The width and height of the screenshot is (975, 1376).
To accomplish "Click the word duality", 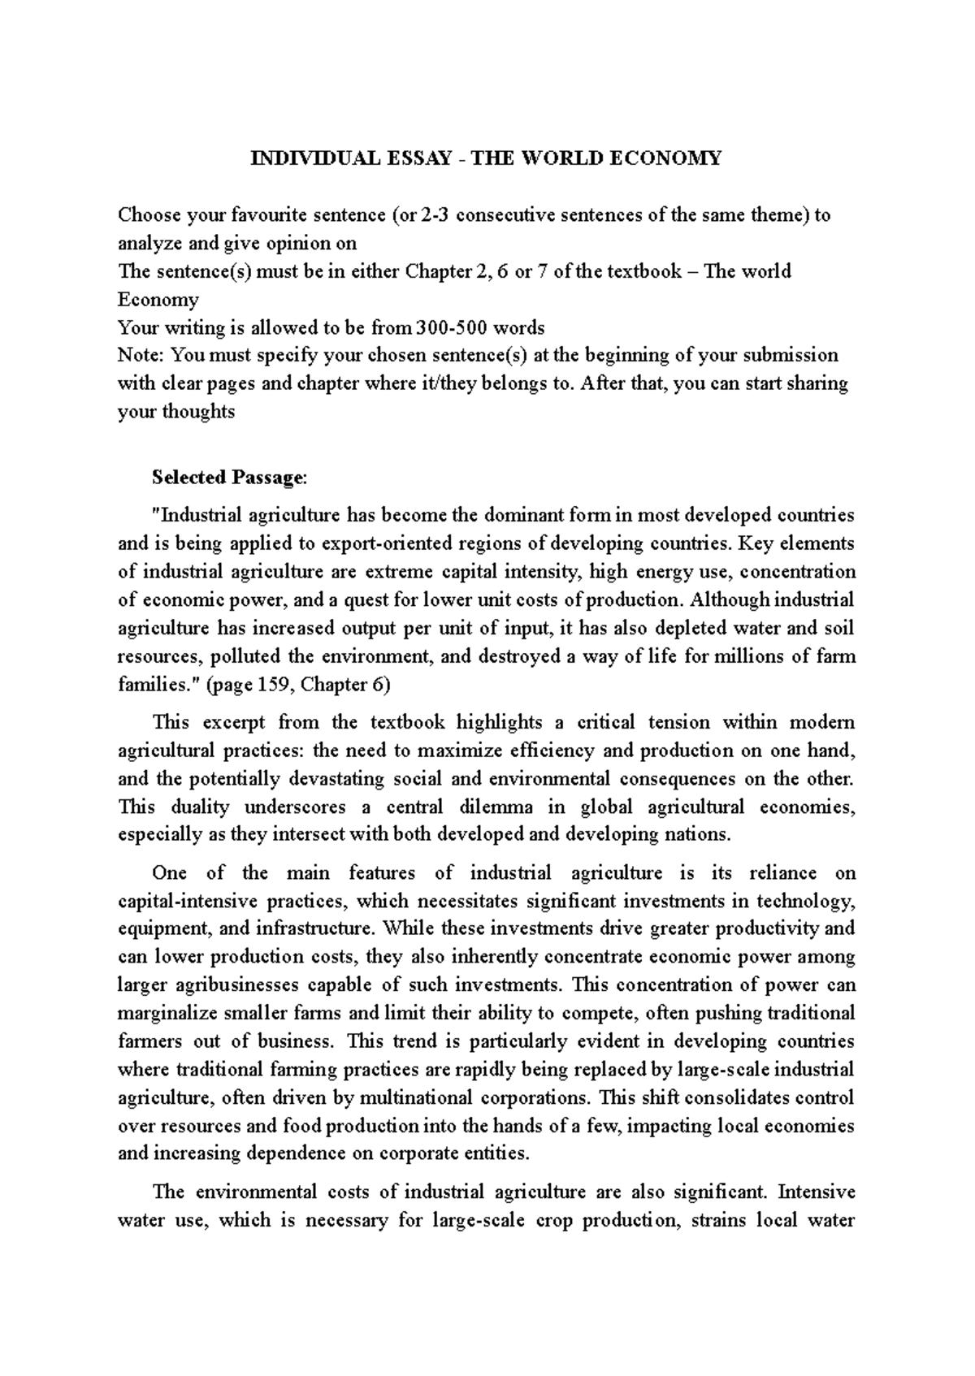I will click(x=200, y=807).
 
